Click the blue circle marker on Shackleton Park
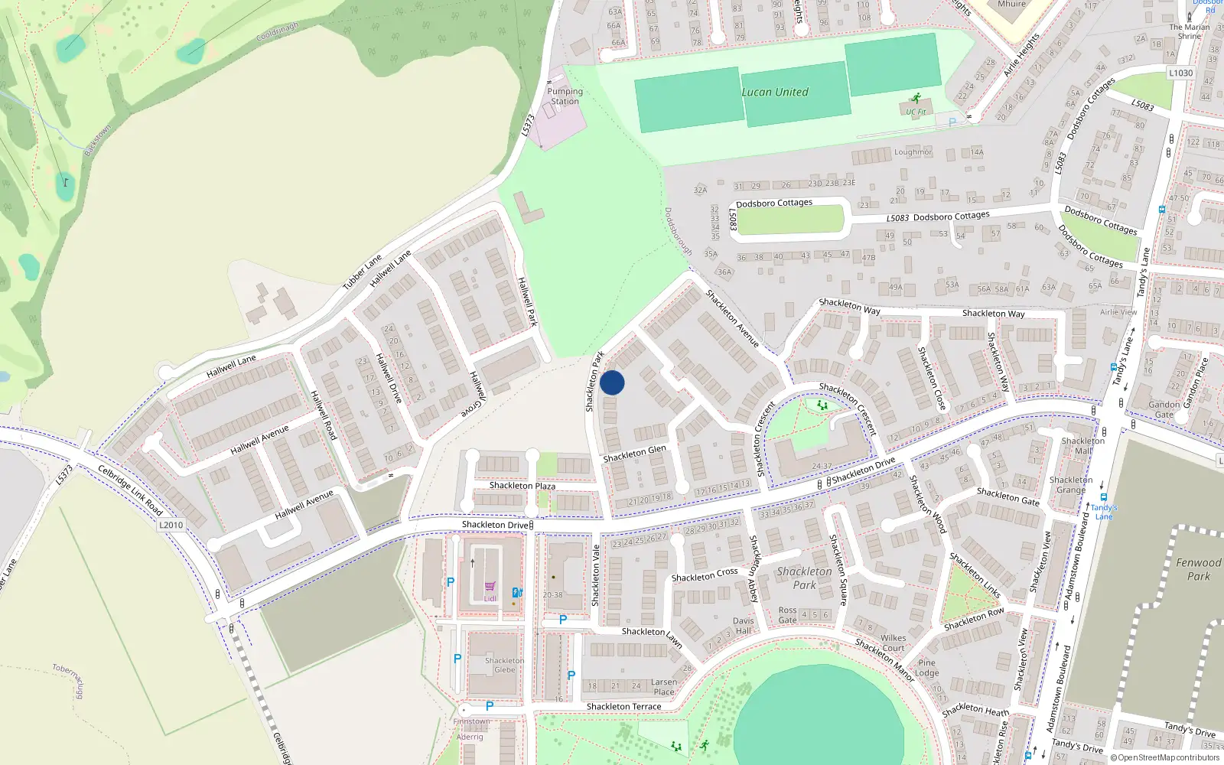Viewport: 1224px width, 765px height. point(612,382)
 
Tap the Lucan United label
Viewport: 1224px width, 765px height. point(774,92)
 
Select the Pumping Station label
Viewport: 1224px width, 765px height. point(565,96)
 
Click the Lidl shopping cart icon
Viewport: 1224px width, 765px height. point(490,587)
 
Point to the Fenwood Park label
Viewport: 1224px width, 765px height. point(1198,569)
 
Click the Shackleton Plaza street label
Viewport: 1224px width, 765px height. point(522,486)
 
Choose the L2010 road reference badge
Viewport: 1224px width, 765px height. point(171,525)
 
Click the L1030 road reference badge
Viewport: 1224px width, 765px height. point(1180,73)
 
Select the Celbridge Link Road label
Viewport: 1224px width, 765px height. point(130,490)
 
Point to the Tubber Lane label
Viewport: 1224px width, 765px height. point(362,272)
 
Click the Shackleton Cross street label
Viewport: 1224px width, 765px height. point(705,575)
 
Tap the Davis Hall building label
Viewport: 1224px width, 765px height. point(743,626)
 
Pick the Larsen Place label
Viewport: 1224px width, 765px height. point(663,687)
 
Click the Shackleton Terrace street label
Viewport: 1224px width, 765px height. point(623,707)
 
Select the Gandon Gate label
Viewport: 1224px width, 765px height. point(1164,409)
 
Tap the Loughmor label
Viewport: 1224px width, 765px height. point(913,152)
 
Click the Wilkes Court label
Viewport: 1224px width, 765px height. point(893,643)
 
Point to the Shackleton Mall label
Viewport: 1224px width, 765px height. point(1082,445)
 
